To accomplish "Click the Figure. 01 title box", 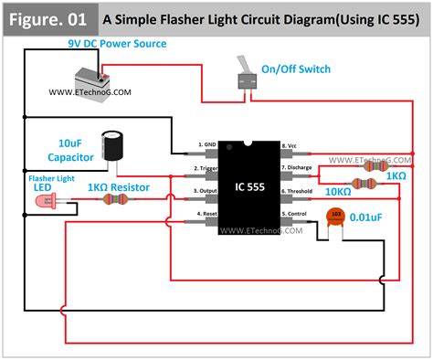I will coord(48,17).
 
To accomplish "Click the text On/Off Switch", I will coord(295,69).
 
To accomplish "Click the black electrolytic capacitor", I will coord(114,145).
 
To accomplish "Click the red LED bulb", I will coord(43,209).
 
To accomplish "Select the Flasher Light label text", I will coord(51,178).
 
